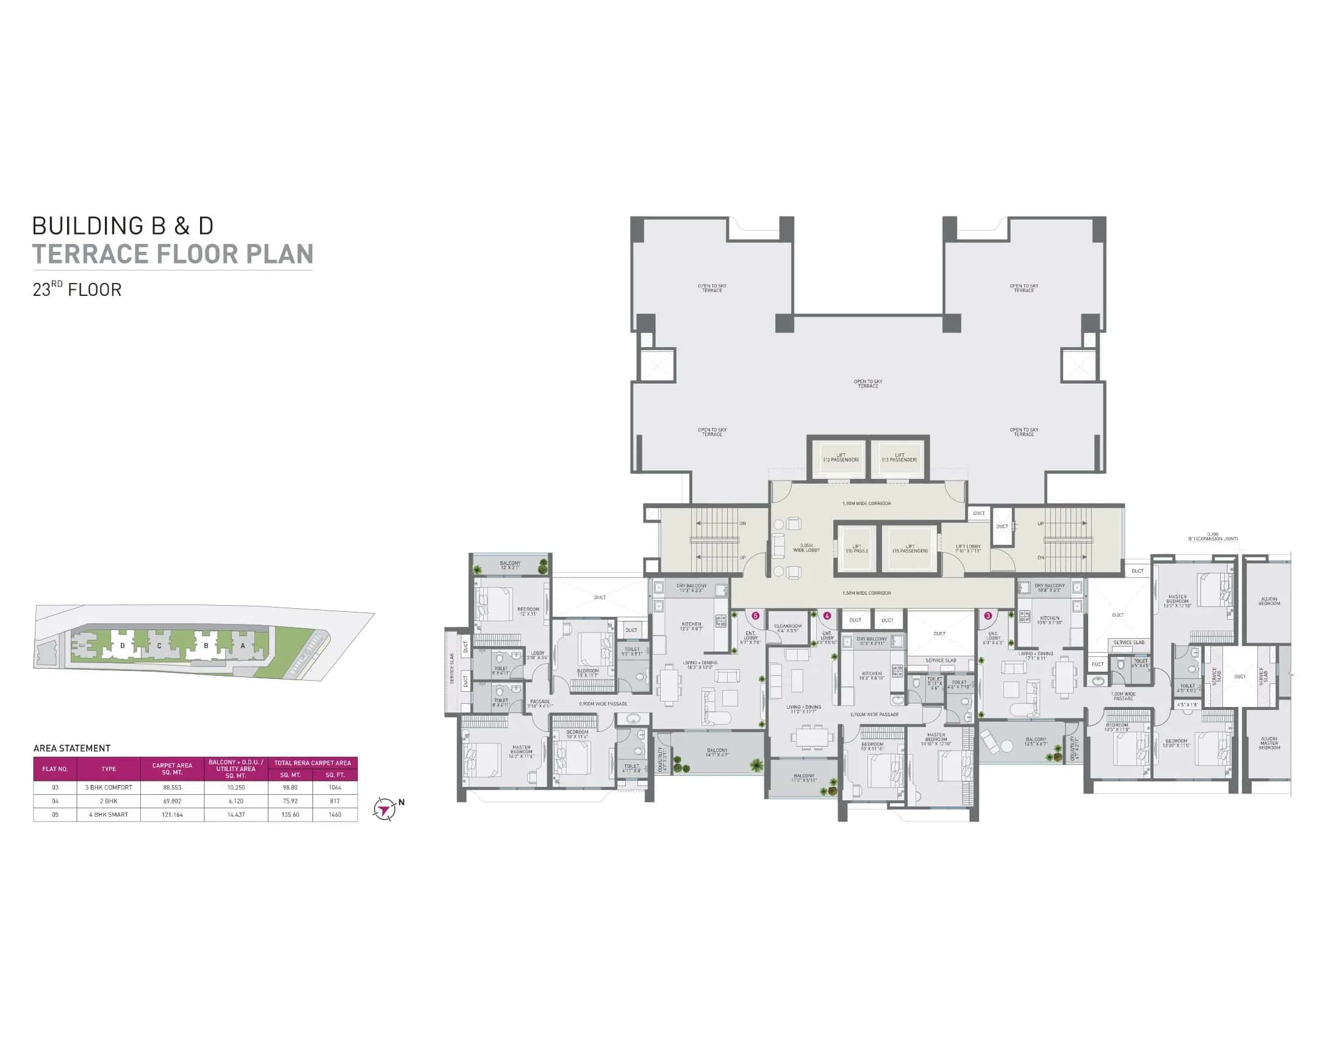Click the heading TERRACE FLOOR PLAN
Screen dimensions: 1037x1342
tap(173, 254)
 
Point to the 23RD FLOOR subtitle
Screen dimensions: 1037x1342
tap(77, 289)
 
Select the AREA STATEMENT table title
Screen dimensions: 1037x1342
tap(72, 748)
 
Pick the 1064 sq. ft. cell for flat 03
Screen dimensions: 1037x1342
tap(335, 787)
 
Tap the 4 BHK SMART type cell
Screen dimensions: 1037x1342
tap(108, 814)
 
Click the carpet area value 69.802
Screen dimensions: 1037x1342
tap(172, 801)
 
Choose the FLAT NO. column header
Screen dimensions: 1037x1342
tap(55, 769)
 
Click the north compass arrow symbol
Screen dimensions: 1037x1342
tap(385, 809)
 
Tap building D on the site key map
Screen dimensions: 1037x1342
tap(122, 645)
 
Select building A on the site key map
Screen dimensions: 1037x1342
tap(243, 645)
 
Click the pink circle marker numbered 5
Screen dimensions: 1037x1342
tap(756, 615)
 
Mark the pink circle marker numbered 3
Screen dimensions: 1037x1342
tap(988, 615)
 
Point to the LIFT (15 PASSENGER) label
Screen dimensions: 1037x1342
tap(910, 548)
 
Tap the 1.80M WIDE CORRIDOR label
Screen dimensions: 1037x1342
tap(866, 504)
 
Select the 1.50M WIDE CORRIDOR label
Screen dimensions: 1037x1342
tap(866, 594)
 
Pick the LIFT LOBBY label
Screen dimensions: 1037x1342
tap(969, 548)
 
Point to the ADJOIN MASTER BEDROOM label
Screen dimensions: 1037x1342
tap(1269, 744)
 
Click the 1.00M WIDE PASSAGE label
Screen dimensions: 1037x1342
tap(1123, 696)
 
